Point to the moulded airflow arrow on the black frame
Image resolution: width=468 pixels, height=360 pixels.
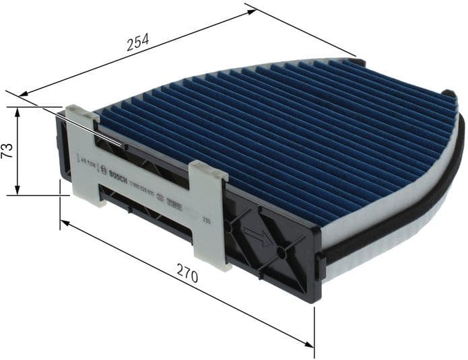click(256, 238)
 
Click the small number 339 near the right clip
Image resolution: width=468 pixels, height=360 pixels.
click(205, 219)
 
